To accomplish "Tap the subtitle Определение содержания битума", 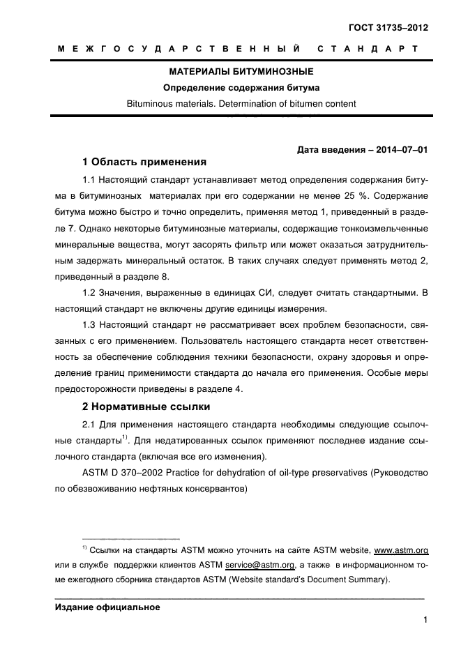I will point(241,88).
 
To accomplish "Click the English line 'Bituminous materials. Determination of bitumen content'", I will point(241,104).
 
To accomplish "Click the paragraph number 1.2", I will point(90,294).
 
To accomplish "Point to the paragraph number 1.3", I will point(90,326).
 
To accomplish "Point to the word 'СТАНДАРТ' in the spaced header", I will point(368,49).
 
